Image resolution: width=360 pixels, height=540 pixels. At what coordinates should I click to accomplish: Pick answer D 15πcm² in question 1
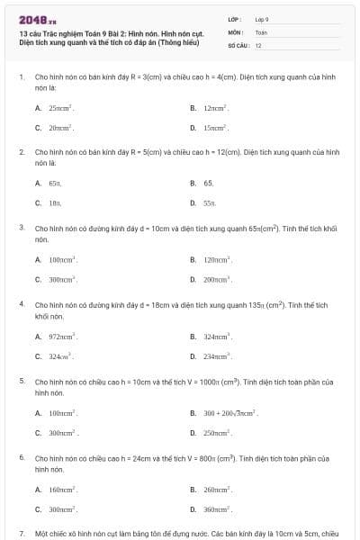coord(215,128)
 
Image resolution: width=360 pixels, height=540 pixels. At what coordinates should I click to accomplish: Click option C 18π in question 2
coord(55,203)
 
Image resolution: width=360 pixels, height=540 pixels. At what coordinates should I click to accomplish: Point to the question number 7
coord(22,533)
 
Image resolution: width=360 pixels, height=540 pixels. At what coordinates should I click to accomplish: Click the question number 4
coord(22,304)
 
